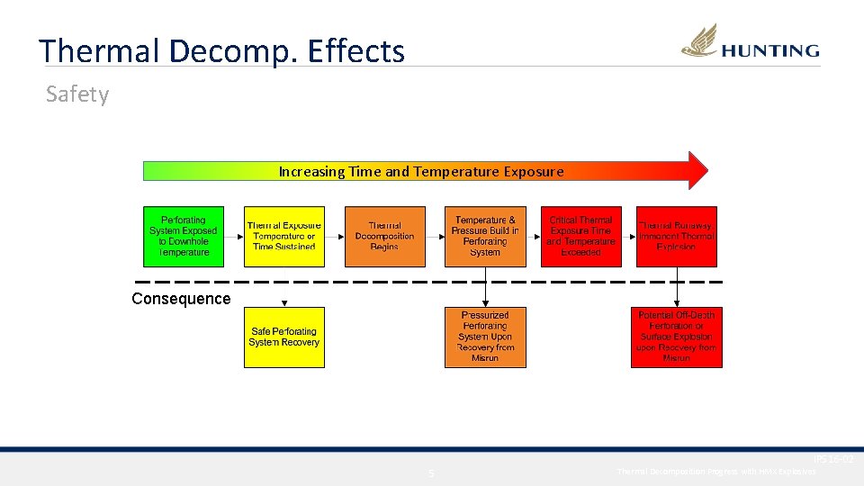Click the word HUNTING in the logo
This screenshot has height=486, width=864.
[x=769, y=51]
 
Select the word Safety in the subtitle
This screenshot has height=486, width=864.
[x=77, y=94]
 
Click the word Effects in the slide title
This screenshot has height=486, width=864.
[x=355, y=51]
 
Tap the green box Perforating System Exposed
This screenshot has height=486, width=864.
[x=184, y=237]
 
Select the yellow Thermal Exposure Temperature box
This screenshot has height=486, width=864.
[x=284, y=237]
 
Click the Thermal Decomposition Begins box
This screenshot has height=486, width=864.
[x=384, y=237]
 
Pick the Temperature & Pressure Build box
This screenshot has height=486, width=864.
[x=485, y=237]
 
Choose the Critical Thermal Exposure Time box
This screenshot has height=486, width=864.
[x=580, y=237]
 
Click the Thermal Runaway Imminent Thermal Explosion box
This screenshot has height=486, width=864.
[x=677, y=237]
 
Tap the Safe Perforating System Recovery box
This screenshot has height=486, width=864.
[x=283, y=337]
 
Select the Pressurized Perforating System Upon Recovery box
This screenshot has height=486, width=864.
[x=485, y=337]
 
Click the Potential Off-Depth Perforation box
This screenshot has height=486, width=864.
[x=677, y=337]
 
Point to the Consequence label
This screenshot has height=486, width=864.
[x=181, y=299]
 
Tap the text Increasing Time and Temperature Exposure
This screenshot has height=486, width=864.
[x=421, y=171]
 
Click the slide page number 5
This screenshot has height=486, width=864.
[x=431, y=473]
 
